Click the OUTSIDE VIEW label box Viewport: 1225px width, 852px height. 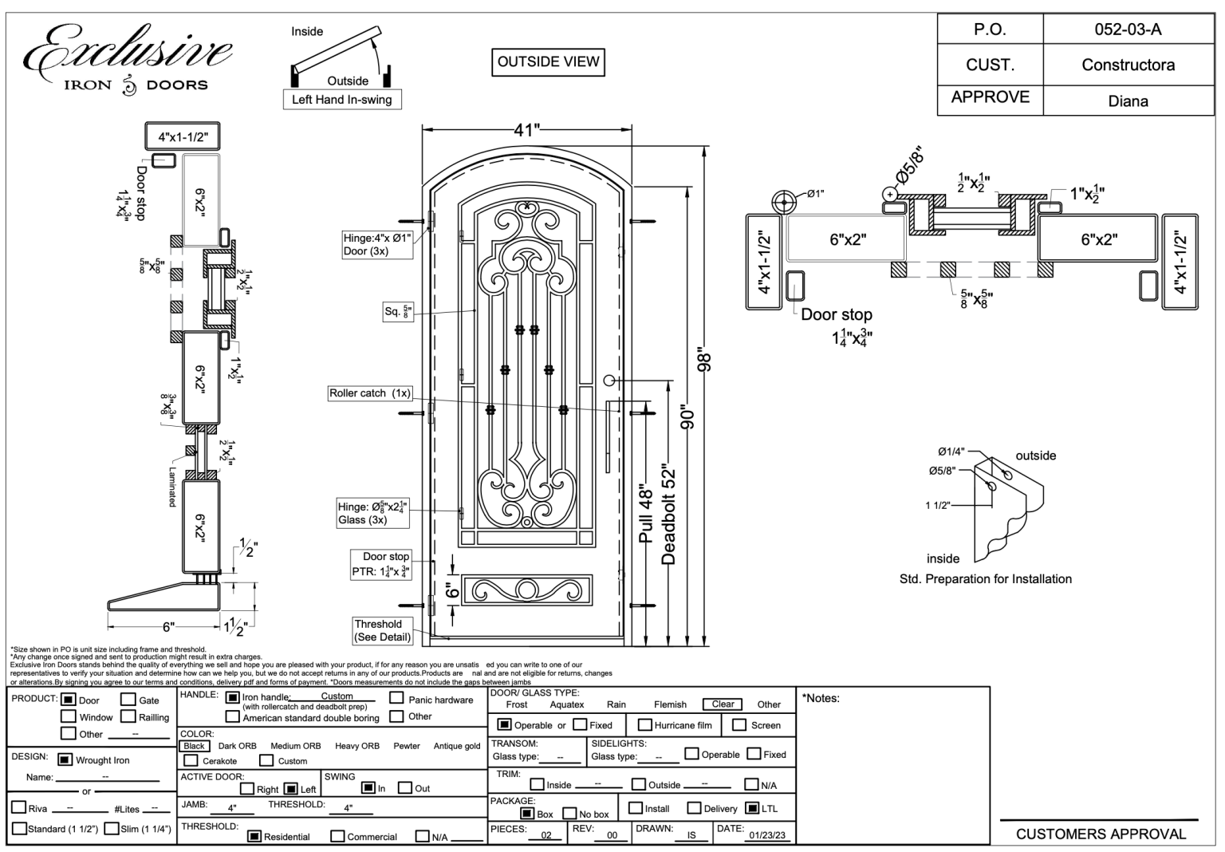coord(548,62)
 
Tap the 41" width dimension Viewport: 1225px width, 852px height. coord(527,130)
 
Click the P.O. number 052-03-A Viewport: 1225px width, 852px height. coord(1128,30)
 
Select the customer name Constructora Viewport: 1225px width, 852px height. coord(1128,65)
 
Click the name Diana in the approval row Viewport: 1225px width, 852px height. coord(1128,101)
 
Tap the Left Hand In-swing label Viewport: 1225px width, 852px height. coord(341,100)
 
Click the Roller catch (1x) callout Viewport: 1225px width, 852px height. coord(370,393)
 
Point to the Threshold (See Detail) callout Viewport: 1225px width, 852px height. coord(383,630)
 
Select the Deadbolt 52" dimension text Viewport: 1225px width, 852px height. coord(669,516)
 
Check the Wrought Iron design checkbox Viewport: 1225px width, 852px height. coord(65,759)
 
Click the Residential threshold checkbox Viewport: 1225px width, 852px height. coord(254,836)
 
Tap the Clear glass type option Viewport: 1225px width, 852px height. coord(723,704)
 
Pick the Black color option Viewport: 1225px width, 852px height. coord(194,746)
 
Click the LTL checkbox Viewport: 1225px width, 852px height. coord(751,808)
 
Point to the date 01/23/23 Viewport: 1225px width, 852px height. coord(766,835)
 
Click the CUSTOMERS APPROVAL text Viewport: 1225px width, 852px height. coord(1101,834)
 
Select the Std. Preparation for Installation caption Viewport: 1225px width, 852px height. coord(985,579)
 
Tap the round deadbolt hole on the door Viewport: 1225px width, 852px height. coord(610,381)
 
